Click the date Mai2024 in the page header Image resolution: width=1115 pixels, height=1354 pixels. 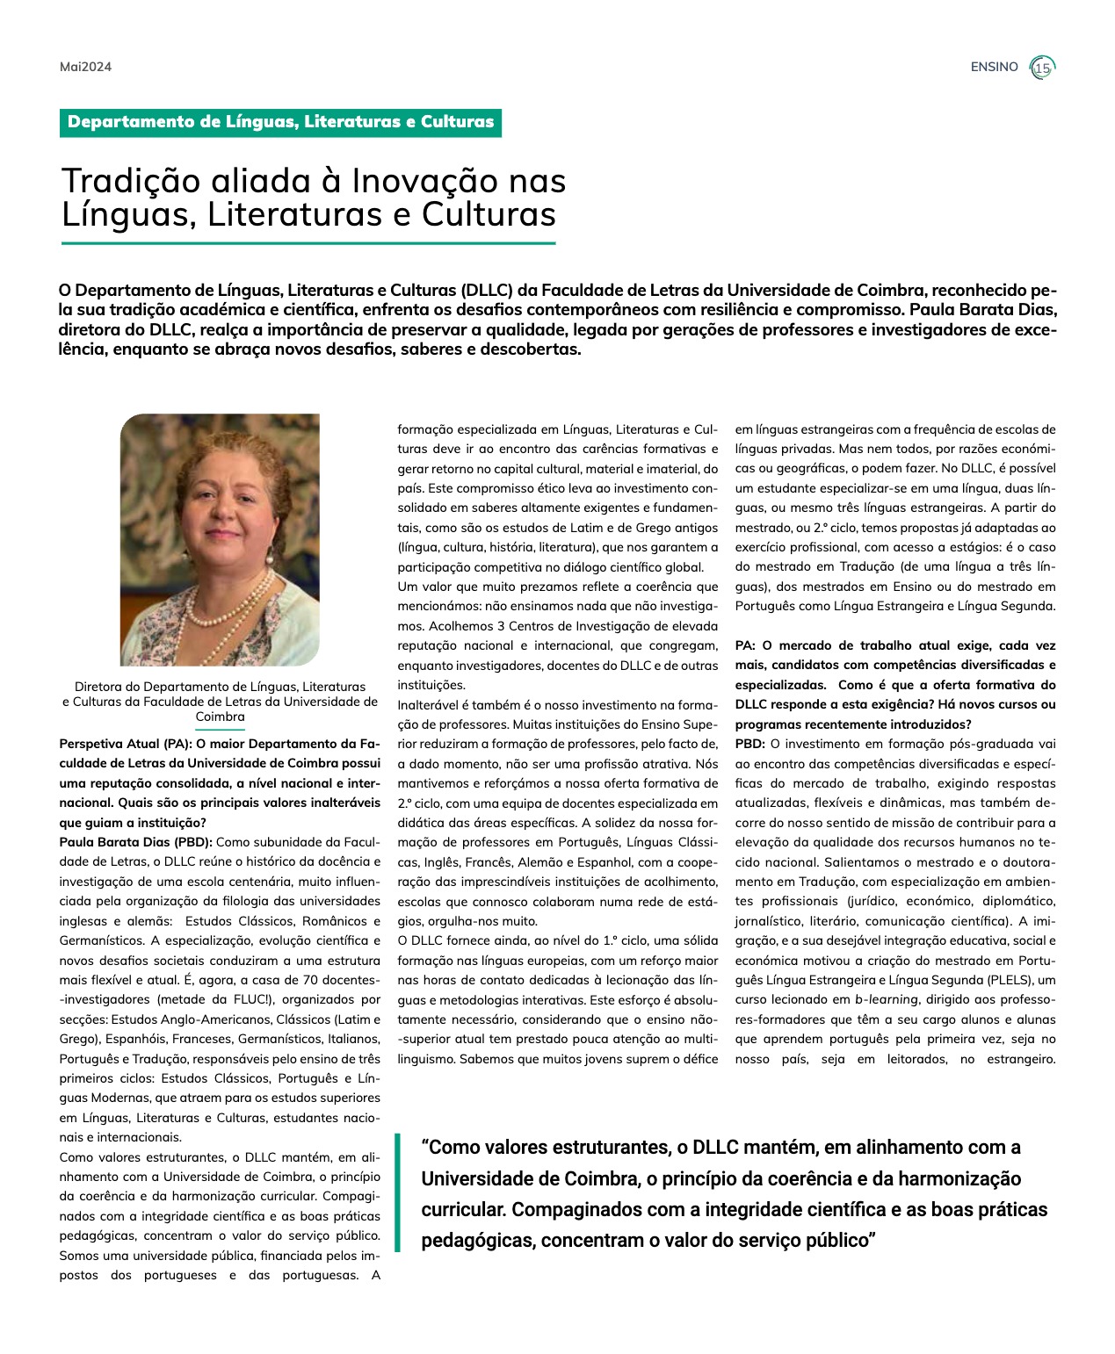85,67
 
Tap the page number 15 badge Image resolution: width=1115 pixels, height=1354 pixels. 1042,68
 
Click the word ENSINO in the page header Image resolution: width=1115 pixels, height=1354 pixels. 994,67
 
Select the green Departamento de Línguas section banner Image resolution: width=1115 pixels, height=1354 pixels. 280,122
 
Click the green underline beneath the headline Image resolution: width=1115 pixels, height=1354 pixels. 308,243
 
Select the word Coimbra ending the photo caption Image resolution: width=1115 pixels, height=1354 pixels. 220,717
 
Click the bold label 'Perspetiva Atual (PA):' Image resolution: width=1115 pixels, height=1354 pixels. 125,744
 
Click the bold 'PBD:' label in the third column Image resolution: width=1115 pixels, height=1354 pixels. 749,744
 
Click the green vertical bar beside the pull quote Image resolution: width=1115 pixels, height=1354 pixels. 397,1192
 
